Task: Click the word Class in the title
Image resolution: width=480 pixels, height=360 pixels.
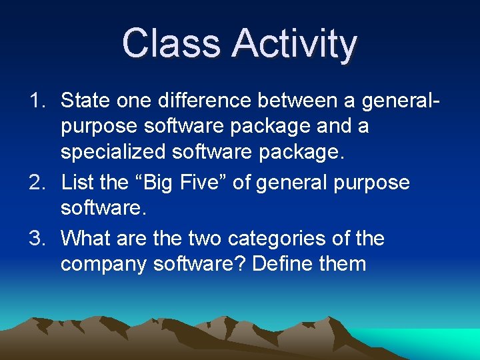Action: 172,43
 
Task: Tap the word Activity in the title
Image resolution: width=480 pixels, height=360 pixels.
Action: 294,45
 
